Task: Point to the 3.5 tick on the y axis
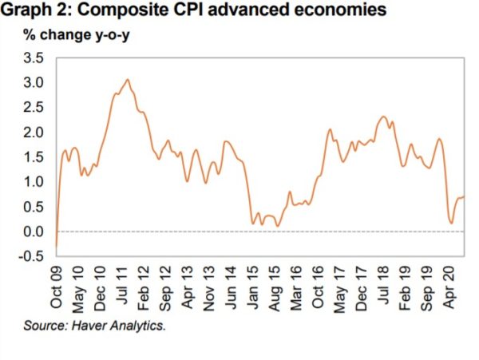click(33, 57)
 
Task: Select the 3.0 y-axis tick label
click(33, 82)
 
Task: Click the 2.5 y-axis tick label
click(33, 107)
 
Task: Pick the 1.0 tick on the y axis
click(33, 181)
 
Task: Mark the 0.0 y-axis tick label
click(33, 231)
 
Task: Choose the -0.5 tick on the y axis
click(31, 256)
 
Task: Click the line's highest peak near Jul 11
click(128, 79)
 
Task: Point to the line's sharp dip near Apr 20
click(451, 224)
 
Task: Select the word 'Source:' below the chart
click(46, 326)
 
